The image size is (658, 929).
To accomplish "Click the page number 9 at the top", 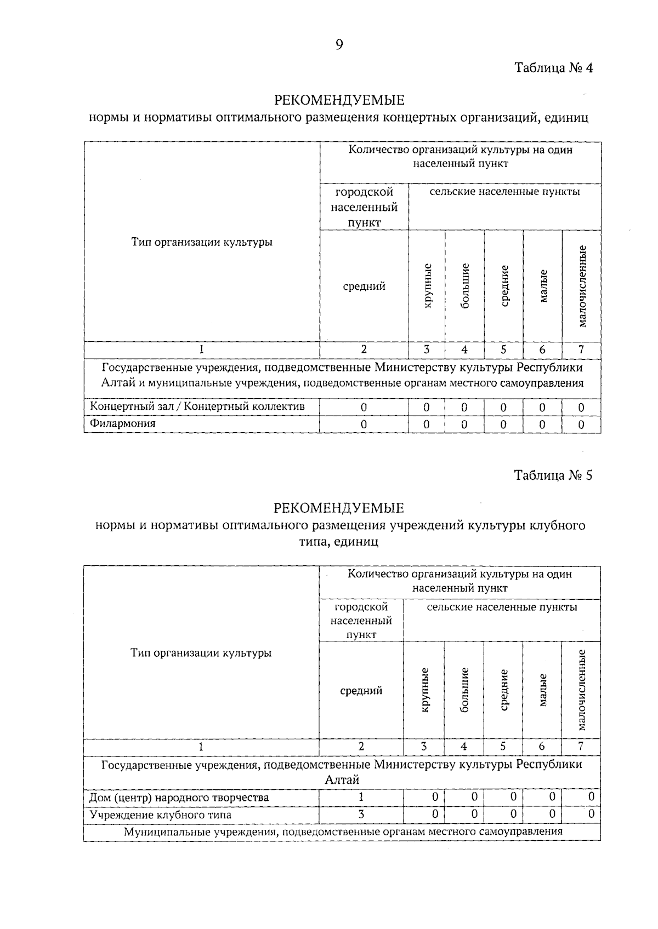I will (x=339, y=45).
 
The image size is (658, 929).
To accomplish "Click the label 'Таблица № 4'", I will (x=553, y=68).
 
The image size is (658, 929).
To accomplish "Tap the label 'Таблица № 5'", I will (x=553, y=475).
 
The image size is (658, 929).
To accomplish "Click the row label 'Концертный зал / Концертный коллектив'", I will (x=197, y=406).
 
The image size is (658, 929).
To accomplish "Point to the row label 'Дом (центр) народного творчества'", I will (x=179, y=797).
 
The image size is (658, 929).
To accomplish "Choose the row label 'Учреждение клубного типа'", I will (x=160, y=815).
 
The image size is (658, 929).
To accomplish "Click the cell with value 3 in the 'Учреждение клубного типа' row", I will (x=361, y=815).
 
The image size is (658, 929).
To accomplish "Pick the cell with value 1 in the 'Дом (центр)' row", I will (x=361, y=797).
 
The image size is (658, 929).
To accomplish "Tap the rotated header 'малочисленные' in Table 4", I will (x=582, y=286).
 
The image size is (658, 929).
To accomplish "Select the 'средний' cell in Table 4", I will (x=364, y=286).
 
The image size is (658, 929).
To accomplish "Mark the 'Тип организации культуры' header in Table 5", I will (x=201, y=653).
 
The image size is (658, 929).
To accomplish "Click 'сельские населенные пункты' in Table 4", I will (x=504, y=192).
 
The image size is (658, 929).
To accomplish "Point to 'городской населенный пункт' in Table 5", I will (x=361, y=621).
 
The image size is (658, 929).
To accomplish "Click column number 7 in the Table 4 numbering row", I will (x=581, y=349).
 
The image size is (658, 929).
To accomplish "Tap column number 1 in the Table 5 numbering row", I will (x=201, y=746).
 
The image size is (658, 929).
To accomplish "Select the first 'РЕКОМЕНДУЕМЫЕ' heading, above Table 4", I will (x=339, y=100).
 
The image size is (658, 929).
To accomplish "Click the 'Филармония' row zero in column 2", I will (x=364, y=425).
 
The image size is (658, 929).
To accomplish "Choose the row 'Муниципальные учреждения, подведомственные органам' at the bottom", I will (x=343, y=831).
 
